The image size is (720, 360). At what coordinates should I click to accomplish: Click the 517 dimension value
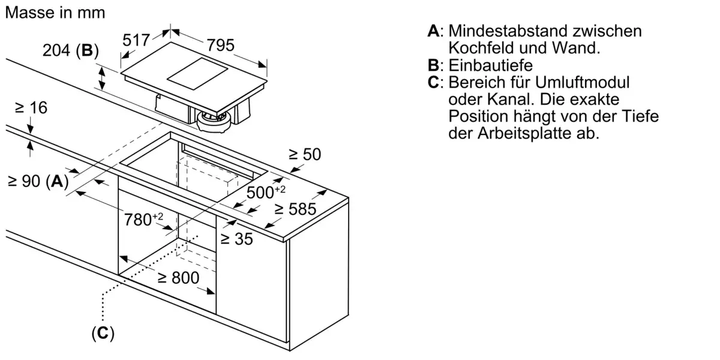tap(136, 40)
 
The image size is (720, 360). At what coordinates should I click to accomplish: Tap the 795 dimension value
tap(221, 45)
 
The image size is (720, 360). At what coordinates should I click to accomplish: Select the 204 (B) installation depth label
tap(71, 50)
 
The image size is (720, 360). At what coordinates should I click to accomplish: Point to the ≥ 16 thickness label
tap(31, 107)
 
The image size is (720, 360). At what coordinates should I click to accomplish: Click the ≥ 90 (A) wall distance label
tap(38, 181)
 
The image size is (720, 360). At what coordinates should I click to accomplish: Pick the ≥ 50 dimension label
tap(305, 154)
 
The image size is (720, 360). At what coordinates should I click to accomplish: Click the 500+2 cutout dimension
tap(266, 192)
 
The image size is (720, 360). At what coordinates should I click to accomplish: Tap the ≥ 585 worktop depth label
tap(295, 209)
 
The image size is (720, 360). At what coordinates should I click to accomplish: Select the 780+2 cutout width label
tap(143, 220)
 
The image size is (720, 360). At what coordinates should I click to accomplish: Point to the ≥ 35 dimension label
tap(236, 239)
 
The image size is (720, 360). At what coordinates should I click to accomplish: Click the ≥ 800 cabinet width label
tap(178, 278)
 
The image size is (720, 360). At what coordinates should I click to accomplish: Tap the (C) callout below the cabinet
tap(103, 334)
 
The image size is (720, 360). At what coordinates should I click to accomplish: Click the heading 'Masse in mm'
tap(55, 13)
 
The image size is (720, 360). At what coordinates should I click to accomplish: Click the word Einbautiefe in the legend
tap(491, 65)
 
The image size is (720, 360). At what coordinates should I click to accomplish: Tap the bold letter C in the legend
tap(433, 82)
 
